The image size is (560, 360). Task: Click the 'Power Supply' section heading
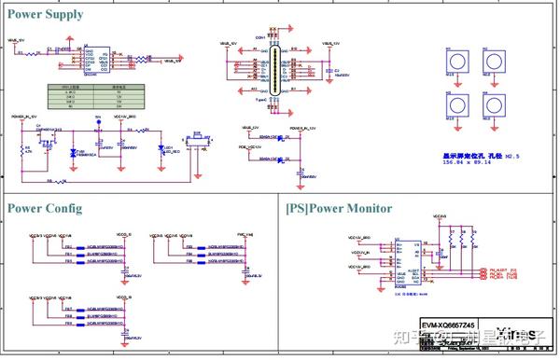pos(46,14)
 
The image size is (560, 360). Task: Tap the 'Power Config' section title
pos(45,207)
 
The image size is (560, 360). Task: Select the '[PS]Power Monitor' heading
pos(339,208)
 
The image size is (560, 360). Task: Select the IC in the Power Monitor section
pos(402,260)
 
